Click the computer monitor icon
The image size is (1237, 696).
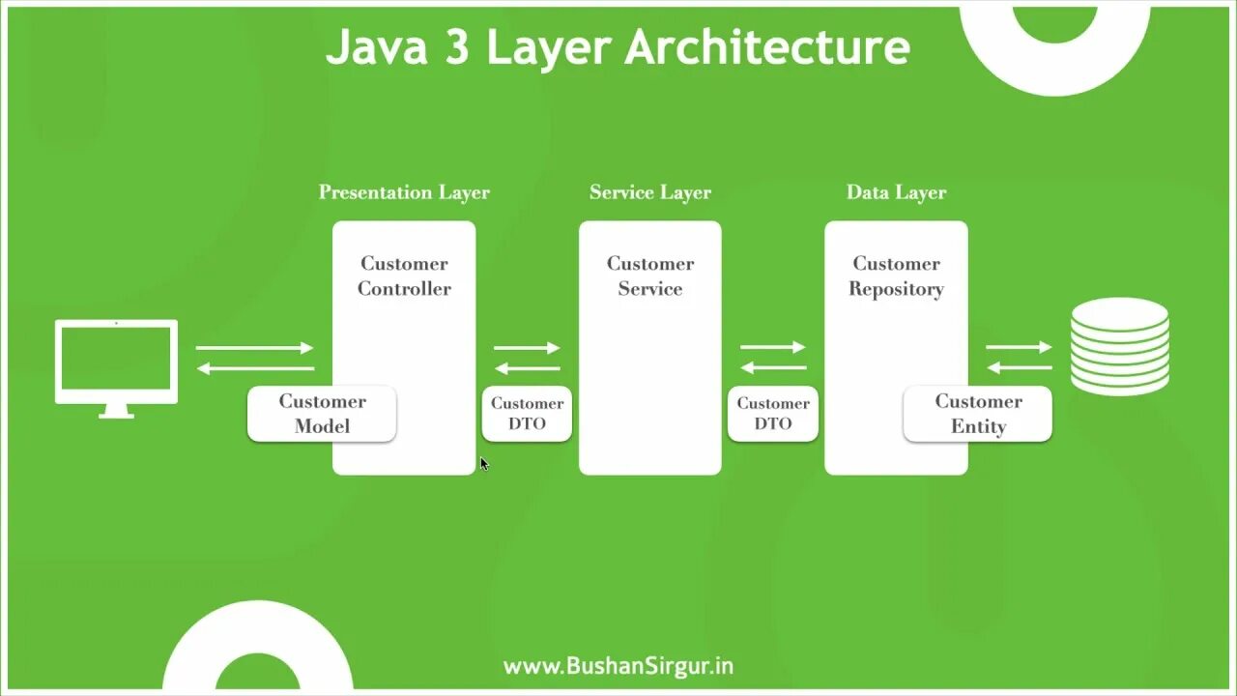pos(116,362)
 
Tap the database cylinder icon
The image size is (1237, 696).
pos(1119,346)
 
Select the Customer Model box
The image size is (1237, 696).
pos(322,414)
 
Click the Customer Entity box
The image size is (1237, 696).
pos(977,414)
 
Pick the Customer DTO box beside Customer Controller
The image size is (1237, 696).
pos(527,414)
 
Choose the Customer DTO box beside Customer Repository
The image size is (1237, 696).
pos(773,414)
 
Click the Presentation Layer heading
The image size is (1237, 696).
pos(404,192)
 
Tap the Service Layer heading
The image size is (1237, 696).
pos(649,192)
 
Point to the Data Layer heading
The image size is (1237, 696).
pos(896,192)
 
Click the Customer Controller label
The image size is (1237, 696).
pos(404,275)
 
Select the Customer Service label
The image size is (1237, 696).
pos(649,275)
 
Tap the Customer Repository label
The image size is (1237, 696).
pos(896,275)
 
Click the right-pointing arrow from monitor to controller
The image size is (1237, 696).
pos(255,348)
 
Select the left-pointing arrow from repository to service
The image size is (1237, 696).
pos(773,367)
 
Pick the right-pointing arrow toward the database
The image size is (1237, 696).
pos(1019,347)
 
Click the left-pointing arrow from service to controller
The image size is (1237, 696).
pos(527,368)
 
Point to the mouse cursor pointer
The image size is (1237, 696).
pos(483,463)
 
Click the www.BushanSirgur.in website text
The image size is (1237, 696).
pos(618,666)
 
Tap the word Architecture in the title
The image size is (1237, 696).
pos(767,47)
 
